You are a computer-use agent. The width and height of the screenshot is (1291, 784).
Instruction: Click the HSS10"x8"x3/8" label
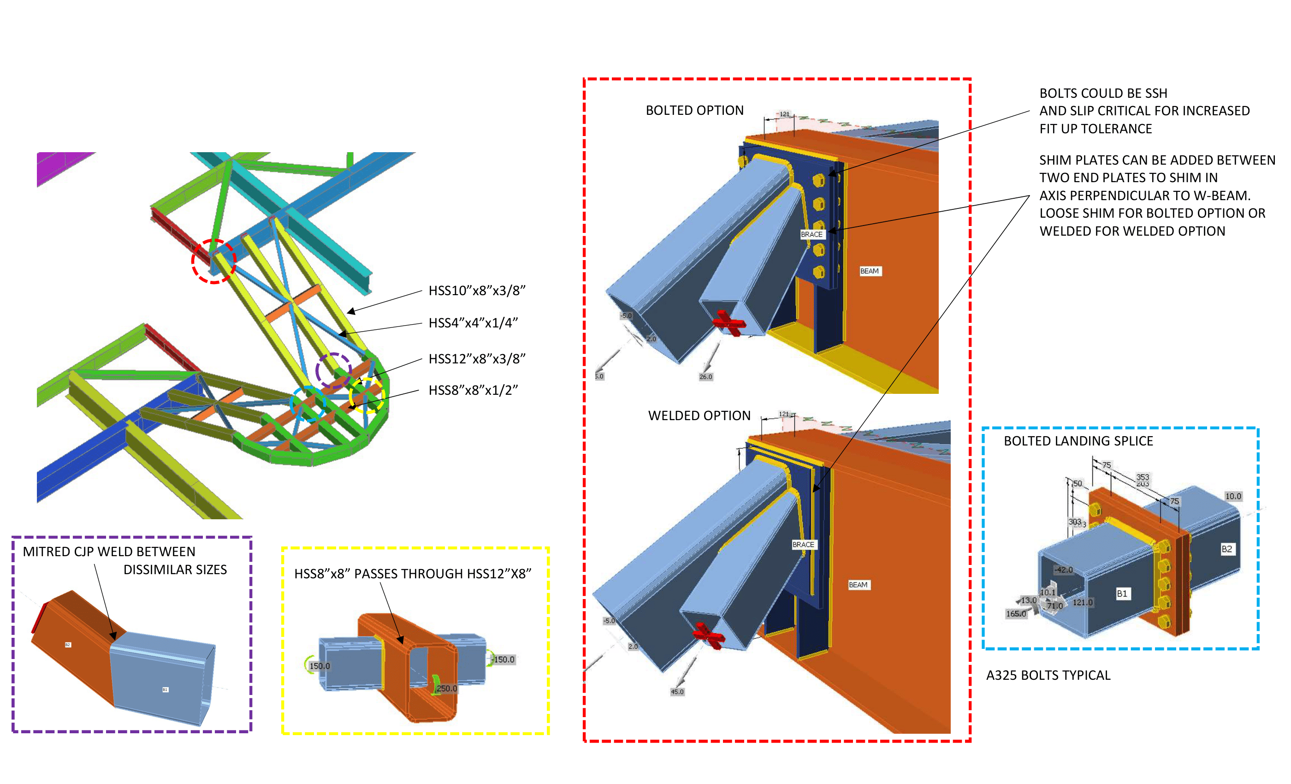pos(477,291)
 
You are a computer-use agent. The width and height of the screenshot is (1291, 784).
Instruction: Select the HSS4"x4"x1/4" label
pos(473,323)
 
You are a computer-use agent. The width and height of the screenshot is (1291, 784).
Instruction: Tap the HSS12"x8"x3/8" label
pos(477,359)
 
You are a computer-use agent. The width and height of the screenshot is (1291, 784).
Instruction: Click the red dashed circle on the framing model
pos(214,261)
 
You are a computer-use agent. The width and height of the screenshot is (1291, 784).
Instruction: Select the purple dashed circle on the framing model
pos(333,370)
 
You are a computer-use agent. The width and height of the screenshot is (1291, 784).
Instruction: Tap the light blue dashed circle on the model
pos(308,404)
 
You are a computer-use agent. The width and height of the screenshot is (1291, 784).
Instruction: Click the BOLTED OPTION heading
pos(694,111)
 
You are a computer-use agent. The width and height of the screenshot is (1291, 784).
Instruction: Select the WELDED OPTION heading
pos(699,416)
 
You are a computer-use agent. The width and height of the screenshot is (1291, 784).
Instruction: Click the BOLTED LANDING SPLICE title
pos(1078,441)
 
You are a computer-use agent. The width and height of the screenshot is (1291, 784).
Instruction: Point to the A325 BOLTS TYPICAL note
pos(1048,676)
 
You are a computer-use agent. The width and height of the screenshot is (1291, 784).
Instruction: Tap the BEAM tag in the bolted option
pos(869,271)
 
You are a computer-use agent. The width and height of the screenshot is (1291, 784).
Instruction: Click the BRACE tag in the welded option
pos(803,545)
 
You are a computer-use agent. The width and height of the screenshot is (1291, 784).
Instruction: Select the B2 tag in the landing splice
pos(1226,549)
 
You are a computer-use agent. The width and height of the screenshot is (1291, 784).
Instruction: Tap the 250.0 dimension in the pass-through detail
pos(446,689)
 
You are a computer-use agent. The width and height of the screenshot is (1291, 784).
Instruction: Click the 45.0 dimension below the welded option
pos(677,692)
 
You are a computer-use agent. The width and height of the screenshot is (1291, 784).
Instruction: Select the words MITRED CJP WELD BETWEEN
pos(109,552)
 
